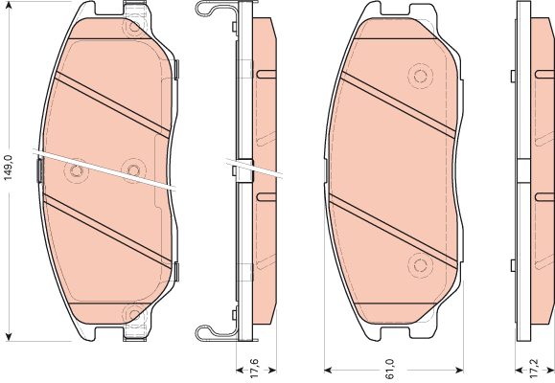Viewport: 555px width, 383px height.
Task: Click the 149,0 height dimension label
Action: click(8, 168)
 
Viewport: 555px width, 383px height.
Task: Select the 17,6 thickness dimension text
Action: click(255, 369)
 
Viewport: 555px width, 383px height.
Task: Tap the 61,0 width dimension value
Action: click(389, 369)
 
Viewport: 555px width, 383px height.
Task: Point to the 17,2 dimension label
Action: click(534, 369)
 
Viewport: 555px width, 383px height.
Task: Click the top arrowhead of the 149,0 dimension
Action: click(9, 6)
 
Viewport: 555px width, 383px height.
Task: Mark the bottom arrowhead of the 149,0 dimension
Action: click(9, 337)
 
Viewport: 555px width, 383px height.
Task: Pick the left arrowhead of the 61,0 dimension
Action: click(329, 371)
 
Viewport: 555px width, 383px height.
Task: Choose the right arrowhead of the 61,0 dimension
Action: click(459, 371)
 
